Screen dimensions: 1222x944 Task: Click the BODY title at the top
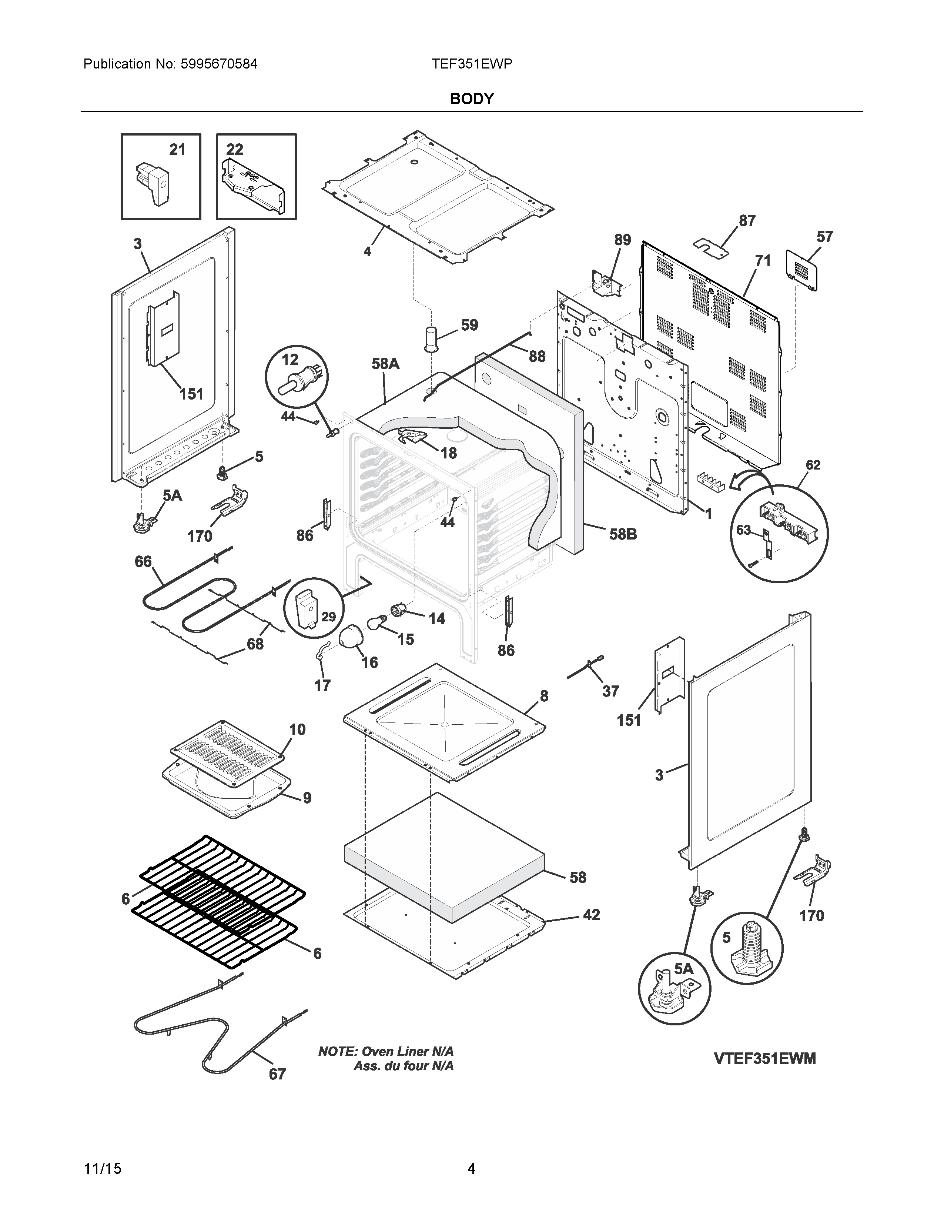point(471,99)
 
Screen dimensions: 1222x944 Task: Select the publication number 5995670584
point(219,64)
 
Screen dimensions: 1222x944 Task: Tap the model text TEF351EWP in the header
point(471,64)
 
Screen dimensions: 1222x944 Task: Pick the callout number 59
point(469,325)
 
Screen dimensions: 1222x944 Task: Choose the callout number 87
point(747,221)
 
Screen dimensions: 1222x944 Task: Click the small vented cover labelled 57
point(801,270)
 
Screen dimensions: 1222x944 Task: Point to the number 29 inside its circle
point(328,617)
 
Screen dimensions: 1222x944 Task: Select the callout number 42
point(591,915)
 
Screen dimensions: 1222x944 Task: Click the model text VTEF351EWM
point(764,1059)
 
